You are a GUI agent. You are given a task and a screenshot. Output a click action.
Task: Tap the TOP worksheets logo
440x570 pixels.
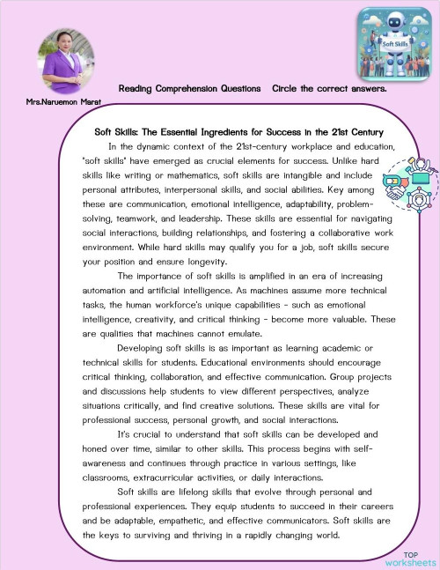click(410, 556)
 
